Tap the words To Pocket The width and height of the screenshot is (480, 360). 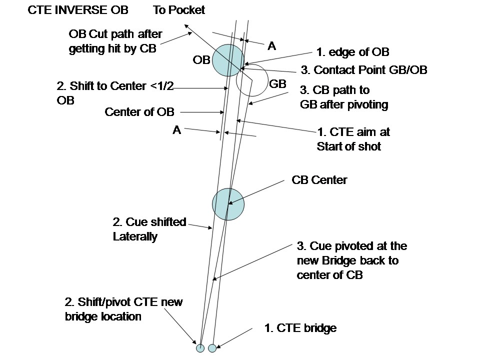[x=179, y=10]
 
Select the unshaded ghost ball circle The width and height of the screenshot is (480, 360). [x=252, y=80]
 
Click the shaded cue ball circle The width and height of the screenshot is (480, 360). [x=228, y=204]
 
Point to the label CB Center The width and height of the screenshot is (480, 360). [x=319, y=180]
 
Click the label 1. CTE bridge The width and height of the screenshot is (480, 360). [x=300, y=328]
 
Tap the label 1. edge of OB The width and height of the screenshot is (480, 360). [x=352, y=52]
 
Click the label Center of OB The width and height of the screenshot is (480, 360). [x=139, y=112]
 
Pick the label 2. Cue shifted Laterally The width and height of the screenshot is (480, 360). [x=149, y=229]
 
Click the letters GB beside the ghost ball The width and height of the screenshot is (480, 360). [x=277, y=84]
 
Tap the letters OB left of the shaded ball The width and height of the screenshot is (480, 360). [x=201, y=60]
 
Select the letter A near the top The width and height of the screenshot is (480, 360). [x=271, y=46]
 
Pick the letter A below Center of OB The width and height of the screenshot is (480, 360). [x=176, y=130]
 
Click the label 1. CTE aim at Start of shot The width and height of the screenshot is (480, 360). [x=353, y=139]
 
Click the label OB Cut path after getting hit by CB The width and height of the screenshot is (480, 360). [x=115, y=42]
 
